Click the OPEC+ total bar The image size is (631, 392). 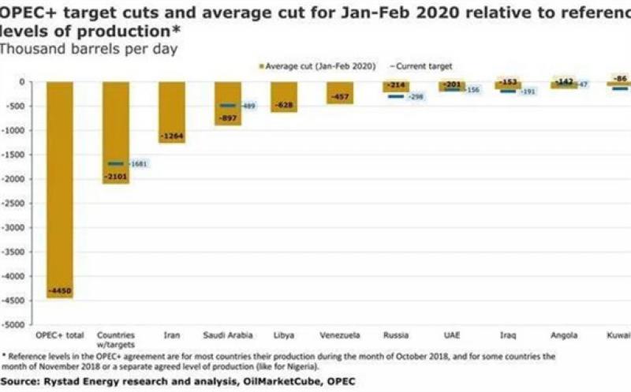(60, 189)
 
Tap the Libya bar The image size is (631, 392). (284, 96)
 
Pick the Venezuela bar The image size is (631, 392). (340, 92)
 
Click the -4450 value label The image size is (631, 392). (60, 291)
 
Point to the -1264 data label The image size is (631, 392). (172, 137)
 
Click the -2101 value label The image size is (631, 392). (116, 177)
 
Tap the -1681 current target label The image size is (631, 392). (138, 164)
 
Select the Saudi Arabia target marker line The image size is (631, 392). (227, 106)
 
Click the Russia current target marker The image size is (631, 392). (395, 96)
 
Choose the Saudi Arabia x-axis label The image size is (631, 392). (227, 335)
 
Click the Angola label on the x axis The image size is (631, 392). (564, 335)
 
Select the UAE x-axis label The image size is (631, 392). (452, 335)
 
